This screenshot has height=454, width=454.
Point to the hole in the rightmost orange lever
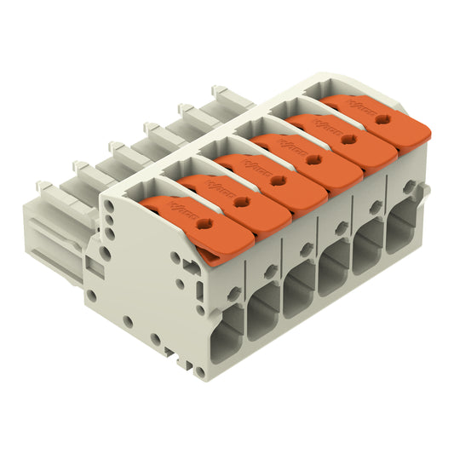click(383, 120)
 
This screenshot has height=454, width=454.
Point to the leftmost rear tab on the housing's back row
click(44, 187)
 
